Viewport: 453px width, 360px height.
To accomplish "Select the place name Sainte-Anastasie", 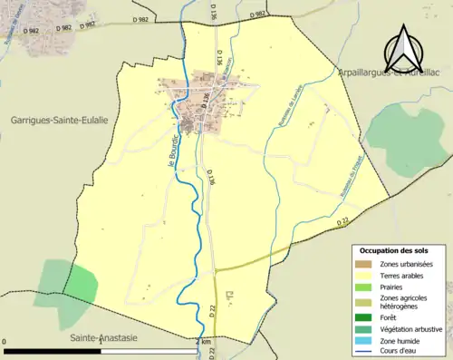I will pos(106,336).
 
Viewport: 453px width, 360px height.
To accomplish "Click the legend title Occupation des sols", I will pos(396,250).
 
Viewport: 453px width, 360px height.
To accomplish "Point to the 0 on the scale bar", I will pos(5,341).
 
